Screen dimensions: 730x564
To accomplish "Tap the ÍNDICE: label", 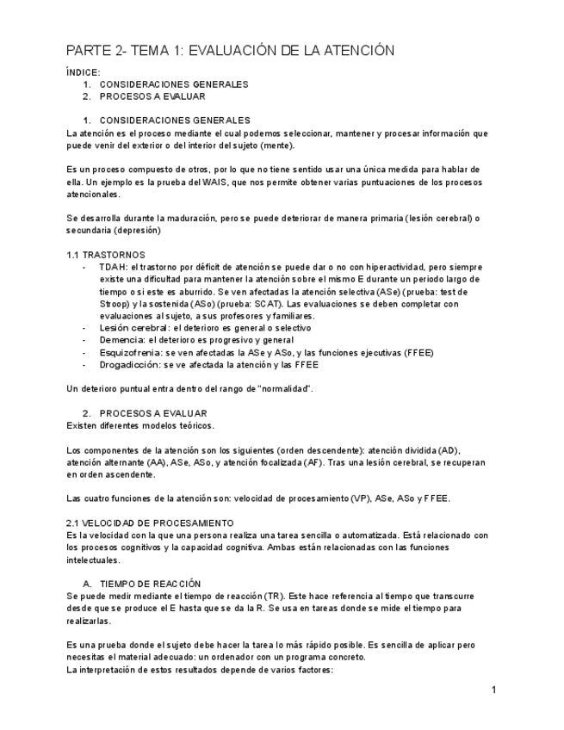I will [84, 72].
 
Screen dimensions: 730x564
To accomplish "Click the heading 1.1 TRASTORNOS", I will [106, 255].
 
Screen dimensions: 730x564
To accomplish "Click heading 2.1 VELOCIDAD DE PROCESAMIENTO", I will [150, 523].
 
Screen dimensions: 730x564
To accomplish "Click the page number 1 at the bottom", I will [493, 690].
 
